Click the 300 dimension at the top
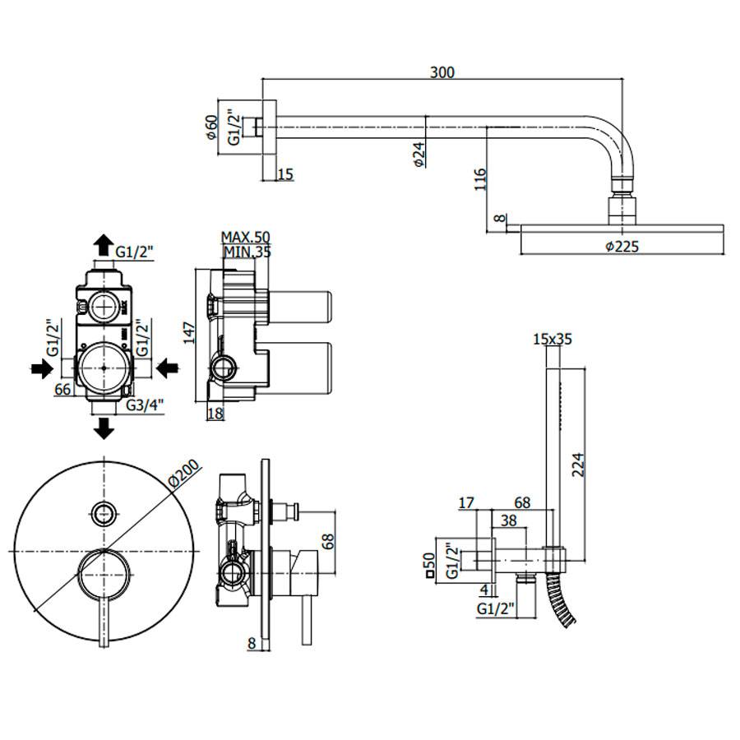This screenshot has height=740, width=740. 442,72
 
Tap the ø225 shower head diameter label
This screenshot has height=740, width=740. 622,246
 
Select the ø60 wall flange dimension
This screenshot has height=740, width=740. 210,127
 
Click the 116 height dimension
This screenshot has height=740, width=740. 481,180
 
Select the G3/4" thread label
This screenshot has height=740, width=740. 146,405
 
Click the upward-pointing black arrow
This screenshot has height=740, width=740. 104,244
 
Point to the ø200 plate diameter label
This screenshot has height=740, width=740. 183,474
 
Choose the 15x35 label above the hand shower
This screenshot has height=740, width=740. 552,338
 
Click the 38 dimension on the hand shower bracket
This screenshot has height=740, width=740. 509,520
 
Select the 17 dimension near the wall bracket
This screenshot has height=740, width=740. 468,502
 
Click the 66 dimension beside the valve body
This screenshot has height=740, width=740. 62,390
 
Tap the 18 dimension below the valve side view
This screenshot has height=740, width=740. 215,414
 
